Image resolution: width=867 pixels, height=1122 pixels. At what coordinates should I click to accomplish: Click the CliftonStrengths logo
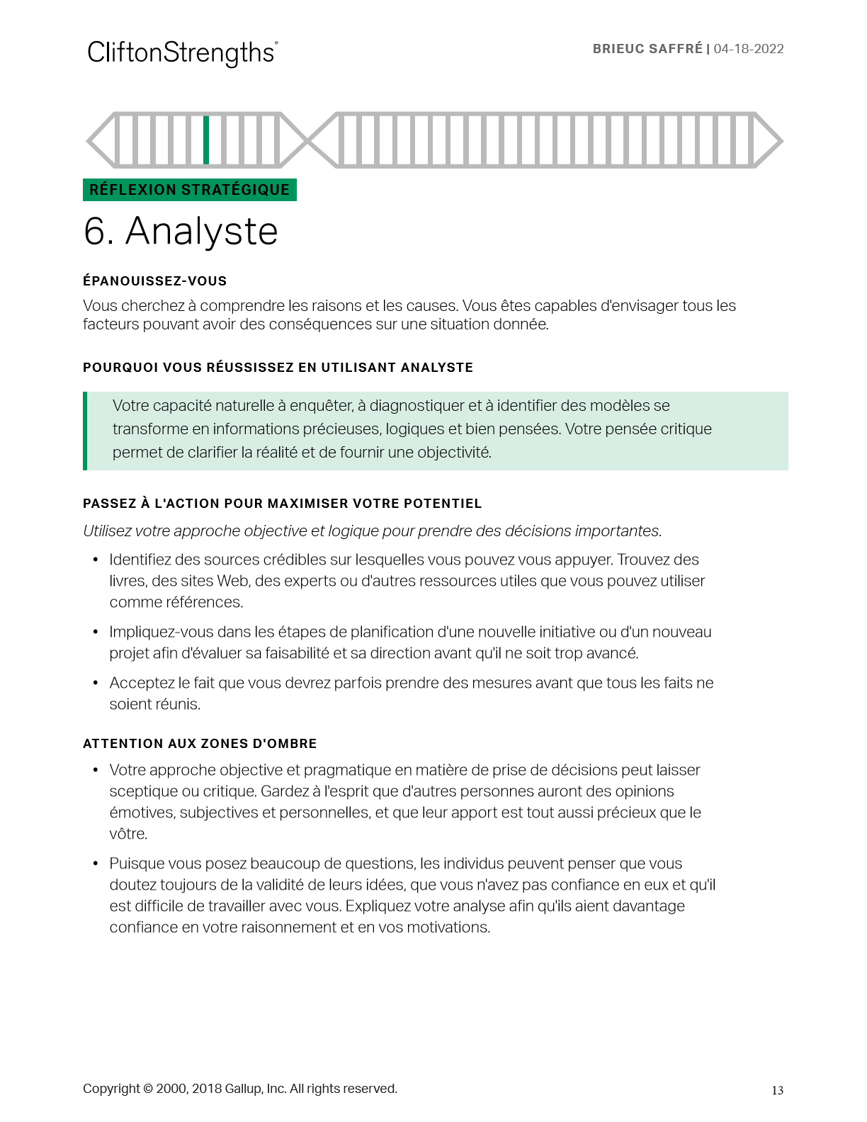click(x=182, y=53)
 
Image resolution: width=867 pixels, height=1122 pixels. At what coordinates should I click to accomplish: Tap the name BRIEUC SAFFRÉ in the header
click(x=647, y=49)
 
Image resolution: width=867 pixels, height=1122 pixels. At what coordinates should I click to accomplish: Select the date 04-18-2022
click(x=749, y=49)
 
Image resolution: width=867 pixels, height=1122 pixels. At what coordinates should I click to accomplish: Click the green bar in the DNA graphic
click(x=206, y=140)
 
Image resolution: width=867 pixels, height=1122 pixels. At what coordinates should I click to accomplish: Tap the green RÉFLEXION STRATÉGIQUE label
click(x=190, y=190)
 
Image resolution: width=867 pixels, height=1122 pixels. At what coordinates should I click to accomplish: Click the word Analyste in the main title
click(x=202, y=232)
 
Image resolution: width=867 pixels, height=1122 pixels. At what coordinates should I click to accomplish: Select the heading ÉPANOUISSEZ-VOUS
click(x=154, y=281)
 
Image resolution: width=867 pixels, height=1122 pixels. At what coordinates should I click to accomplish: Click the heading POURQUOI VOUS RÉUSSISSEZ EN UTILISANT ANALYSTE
click(x=278, y=368)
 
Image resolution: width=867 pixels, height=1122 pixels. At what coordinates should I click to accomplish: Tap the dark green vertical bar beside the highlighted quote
click(x=85, y=431)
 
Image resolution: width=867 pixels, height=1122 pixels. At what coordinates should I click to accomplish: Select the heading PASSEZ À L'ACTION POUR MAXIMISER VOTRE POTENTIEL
click(x=282, y=504)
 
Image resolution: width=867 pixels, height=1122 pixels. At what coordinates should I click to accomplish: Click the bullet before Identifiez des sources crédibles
click(x=96, y=560)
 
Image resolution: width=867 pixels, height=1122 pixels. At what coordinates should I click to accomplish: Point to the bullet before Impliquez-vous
click(x=96, y=633)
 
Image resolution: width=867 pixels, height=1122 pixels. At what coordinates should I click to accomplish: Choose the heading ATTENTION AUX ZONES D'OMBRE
click(x=200, y=744)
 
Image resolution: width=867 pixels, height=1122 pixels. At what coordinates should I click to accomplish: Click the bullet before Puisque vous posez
click(x=96, y=864)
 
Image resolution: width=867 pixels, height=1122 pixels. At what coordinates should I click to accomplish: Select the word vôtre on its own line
click(x=128, y=834)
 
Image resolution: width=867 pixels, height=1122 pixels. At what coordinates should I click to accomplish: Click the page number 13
click(x=777, y=1091)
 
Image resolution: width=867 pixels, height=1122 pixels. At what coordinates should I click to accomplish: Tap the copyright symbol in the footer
click(x=147, y=1089)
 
